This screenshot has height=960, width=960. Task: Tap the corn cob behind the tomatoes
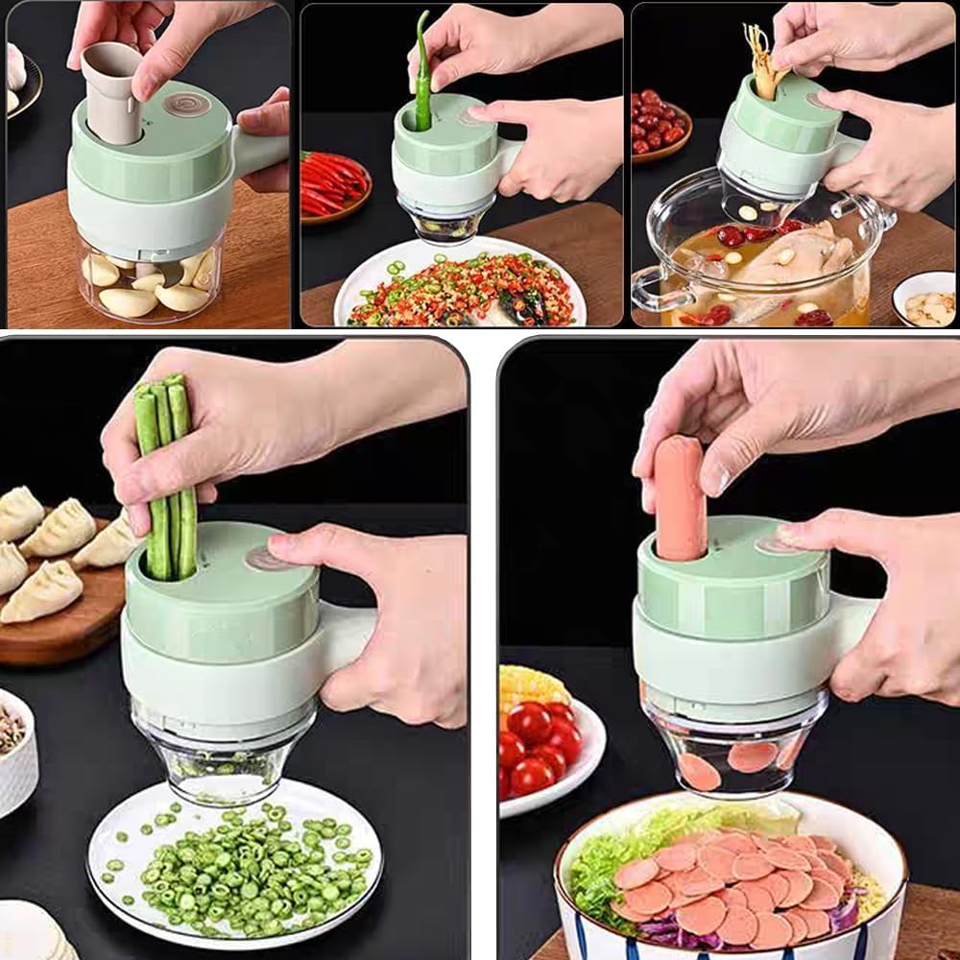pyautogui.click(x=530, y=686)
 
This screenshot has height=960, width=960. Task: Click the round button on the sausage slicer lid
pyautogui.click(x=774, y=543)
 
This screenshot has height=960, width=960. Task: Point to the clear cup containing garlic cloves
pyautogui.click(x=149, y=283)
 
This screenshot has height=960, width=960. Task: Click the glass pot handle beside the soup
pyautogui.click(x=653, y=288)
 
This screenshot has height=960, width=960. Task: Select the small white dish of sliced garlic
pyautogui.click(x=927, y=302)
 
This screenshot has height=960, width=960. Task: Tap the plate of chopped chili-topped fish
pyautogui.click(x=461, y=288)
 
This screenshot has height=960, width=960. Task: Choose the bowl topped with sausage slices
pyautogui.click(x=730, y=883)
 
